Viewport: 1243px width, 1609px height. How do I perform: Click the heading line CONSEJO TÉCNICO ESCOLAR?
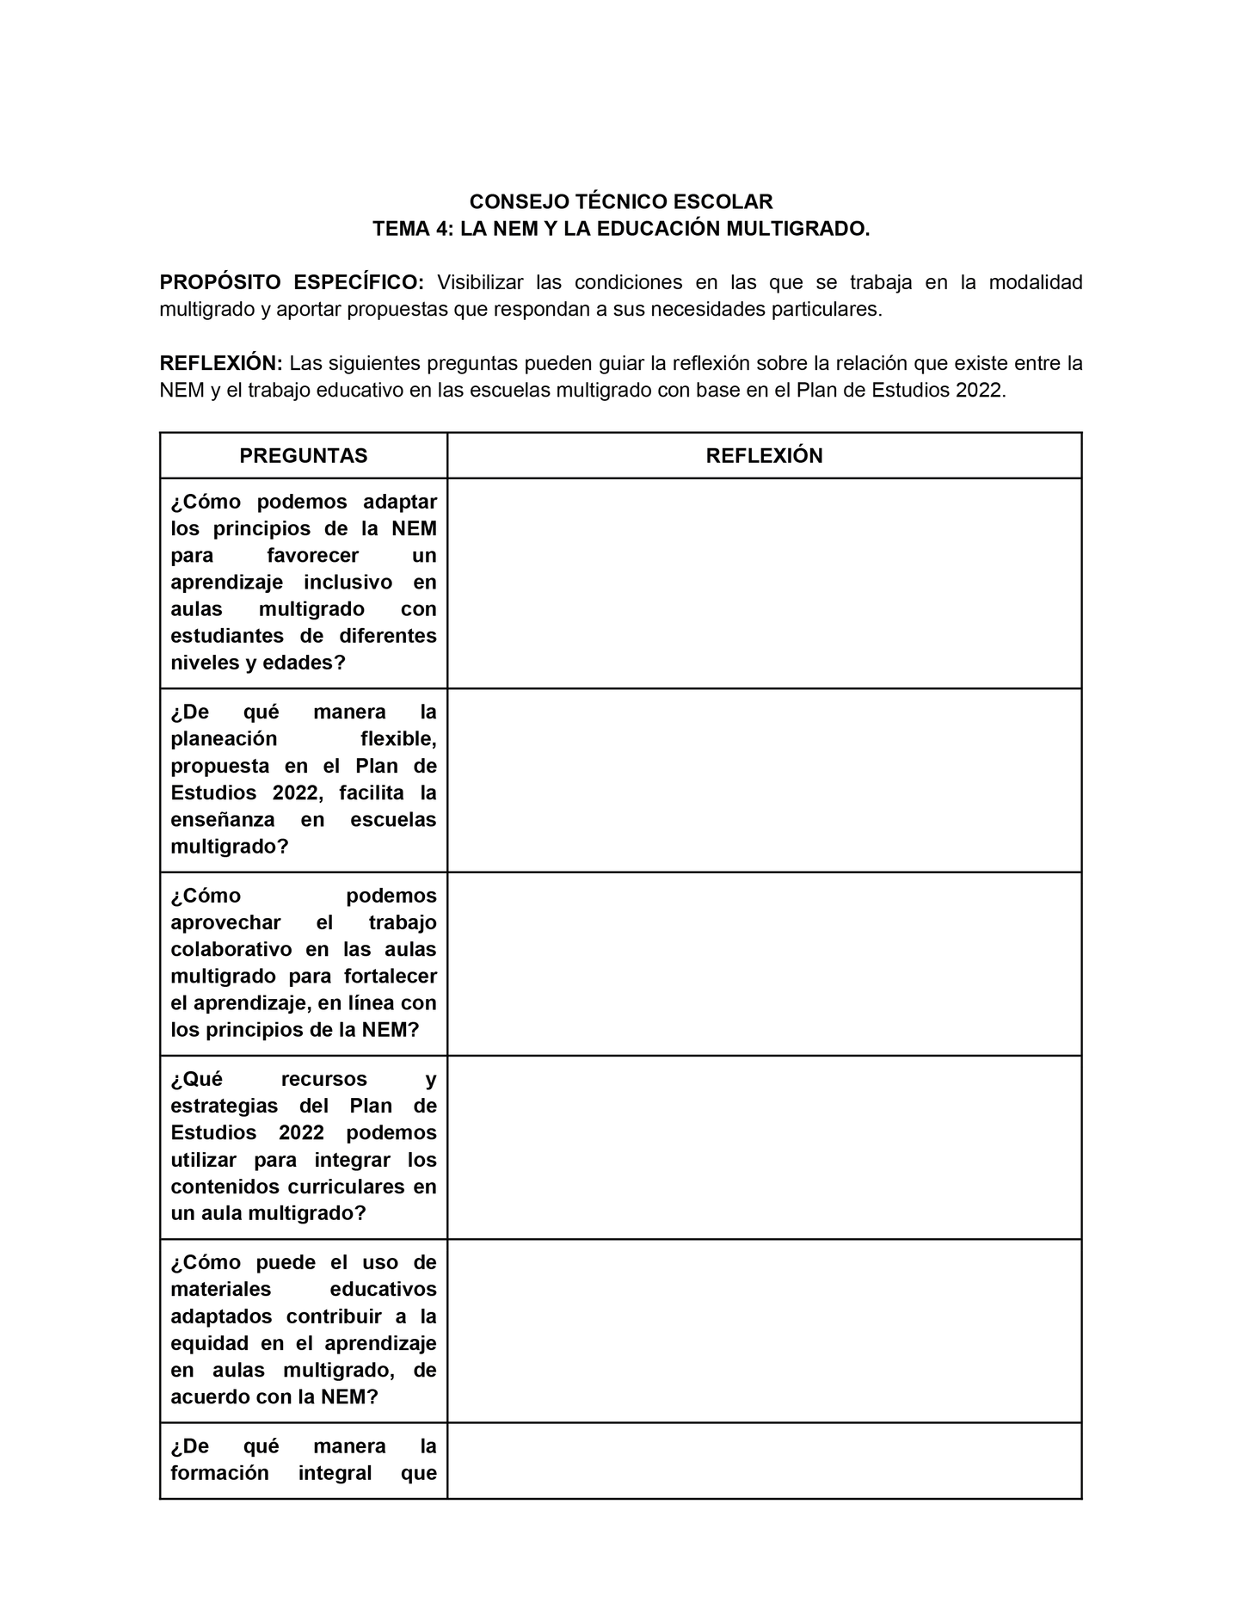[620, 202]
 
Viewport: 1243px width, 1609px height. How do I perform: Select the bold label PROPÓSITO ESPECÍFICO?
[292, 283]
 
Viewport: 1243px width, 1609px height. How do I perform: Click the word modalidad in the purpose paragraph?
[1036, 283]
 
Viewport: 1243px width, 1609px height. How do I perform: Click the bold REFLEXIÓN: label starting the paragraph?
[221, 364]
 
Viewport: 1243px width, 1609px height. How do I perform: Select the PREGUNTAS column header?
[304, 456]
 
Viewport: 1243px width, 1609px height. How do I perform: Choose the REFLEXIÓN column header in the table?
[764, 456]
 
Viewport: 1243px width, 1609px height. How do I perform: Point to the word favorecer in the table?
[313, 556]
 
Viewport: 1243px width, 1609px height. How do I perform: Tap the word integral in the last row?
[335, 1473]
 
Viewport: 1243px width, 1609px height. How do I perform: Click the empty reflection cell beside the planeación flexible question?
[764, 780]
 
